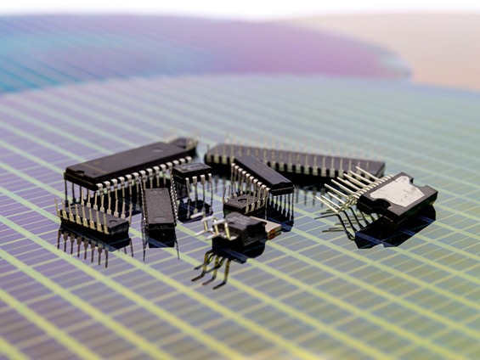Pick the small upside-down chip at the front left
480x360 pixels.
(x=93, y=219)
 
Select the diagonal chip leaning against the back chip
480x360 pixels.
(x=262, y=173)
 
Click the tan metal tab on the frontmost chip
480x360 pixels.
(x=272, y=228)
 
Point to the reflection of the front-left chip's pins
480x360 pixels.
(x=89, y=246)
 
